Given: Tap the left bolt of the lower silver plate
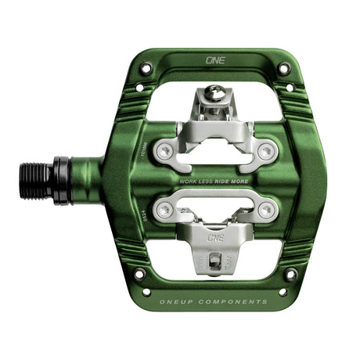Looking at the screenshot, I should [162, 208].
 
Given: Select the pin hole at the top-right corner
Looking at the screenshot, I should [283, 69].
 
